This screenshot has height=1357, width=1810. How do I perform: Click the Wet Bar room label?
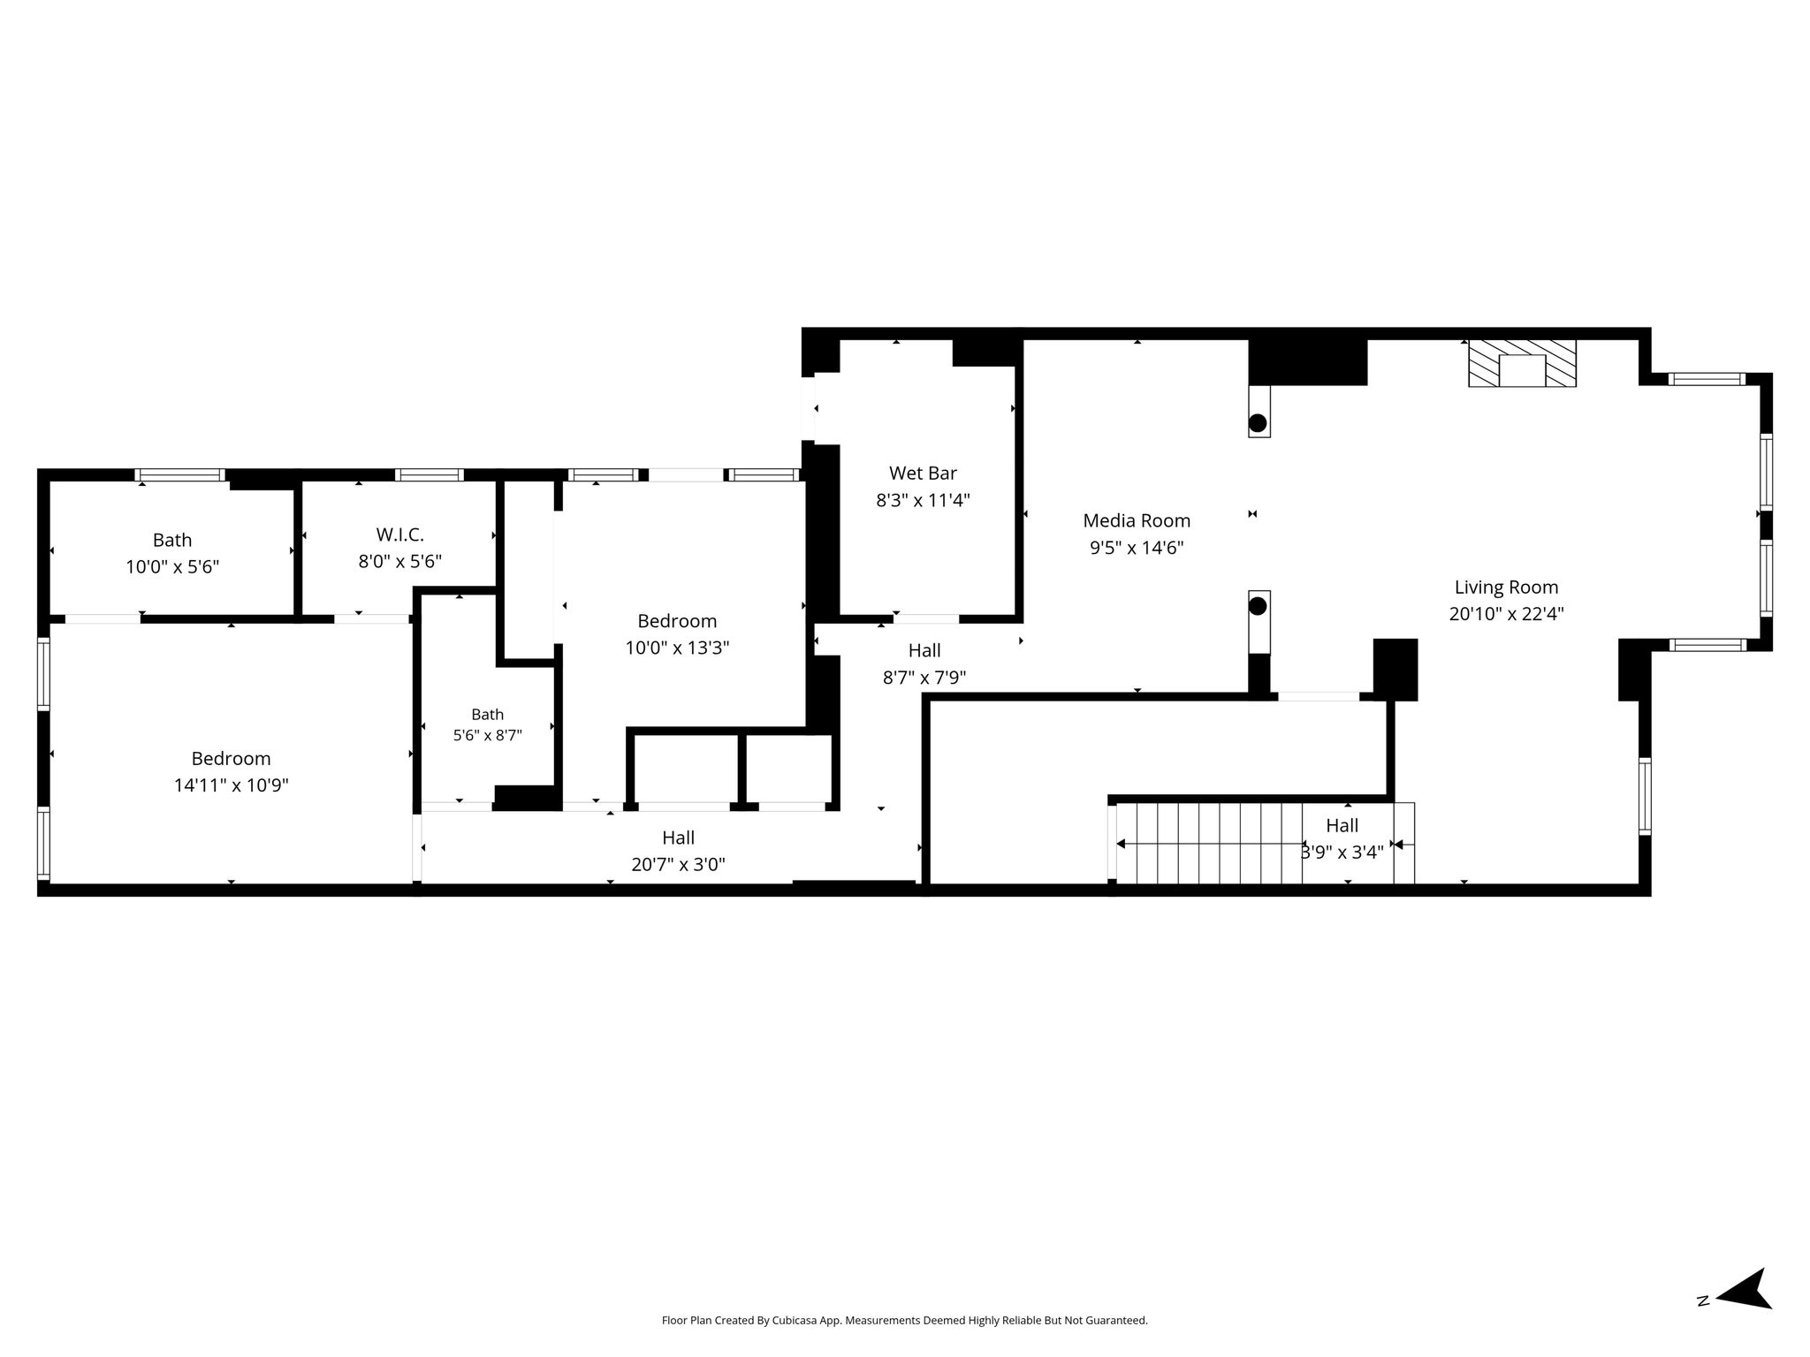(923, 474)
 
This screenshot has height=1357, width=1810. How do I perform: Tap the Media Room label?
(1137, 520)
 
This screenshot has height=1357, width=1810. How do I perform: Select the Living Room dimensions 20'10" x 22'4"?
(1506, 614)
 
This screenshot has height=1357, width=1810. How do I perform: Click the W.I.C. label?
(399, 534)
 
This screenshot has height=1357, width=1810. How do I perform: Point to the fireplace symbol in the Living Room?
(1522, 363)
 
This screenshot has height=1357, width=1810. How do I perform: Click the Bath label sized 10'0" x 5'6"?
(171, 540)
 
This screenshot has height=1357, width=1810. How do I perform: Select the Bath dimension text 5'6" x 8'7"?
(488, 735)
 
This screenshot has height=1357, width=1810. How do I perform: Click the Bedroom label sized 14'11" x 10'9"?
(231, 758)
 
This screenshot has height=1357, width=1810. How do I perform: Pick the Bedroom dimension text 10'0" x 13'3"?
(677, 648)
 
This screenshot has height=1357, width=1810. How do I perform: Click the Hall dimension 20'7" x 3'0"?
(678, 865)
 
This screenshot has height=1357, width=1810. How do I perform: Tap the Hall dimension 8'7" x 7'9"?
(924, 678)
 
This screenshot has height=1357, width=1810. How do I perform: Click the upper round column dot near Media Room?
(1258, 422)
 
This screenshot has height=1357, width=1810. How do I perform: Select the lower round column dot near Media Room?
(1258, 606)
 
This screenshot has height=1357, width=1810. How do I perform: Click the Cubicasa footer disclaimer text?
(904, 1321)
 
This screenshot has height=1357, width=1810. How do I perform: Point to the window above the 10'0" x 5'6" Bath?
(179, 475)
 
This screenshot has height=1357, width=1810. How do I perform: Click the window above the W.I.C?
(429, 475)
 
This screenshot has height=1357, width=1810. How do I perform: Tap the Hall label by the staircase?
(1342, 825)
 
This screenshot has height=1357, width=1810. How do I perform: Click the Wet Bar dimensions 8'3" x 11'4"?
(923, 501)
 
